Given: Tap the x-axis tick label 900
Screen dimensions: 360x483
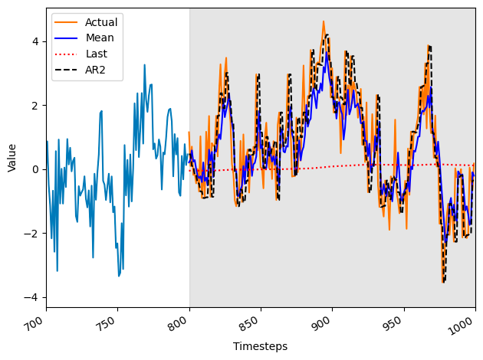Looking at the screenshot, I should tap(325, 322).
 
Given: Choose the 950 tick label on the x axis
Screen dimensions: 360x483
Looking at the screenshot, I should tap(396, 322).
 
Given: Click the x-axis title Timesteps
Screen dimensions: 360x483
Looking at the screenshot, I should tap(261, 346).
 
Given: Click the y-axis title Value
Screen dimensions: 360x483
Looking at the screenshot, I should tap(11, 157).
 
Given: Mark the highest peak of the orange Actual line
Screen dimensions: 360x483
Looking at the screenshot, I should tap(324, 21).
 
